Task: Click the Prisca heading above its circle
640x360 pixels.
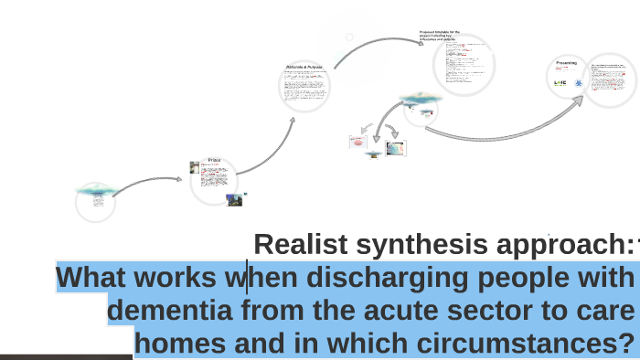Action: click(x=215, y=159)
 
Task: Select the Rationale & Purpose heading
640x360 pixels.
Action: click(x=304, y=67)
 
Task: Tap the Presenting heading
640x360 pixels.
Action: click(x=567, y=62)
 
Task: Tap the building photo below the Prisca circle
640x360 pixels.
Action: click(x=234, y=199)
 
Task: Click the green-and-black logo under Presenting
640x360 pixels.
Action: click(x=560, y=82)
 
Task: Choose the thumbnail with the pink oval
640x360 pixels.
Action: click(x=357, y=142)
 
